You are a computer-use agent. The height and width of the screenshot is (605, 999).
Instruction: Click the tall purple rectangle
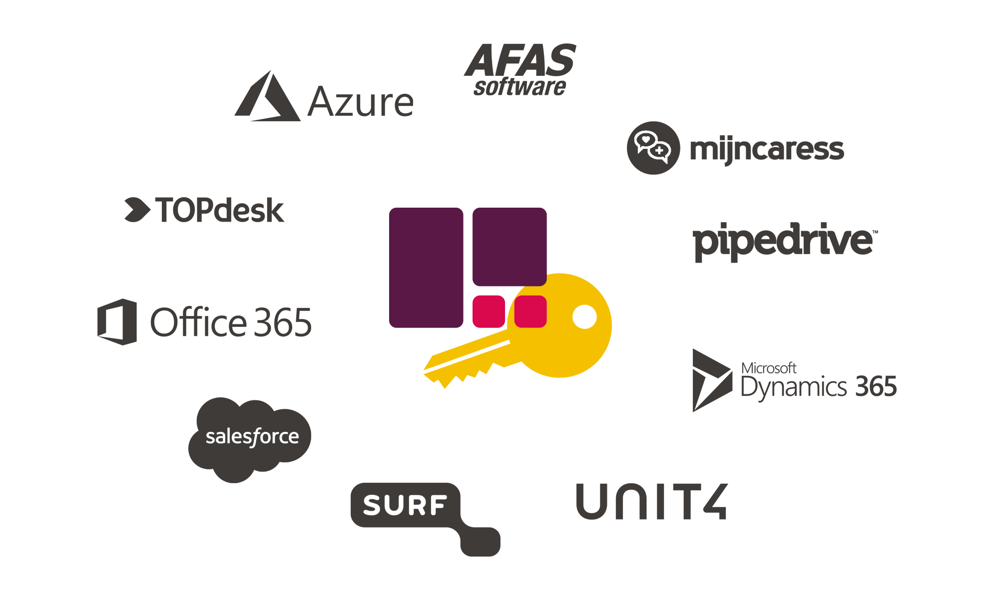click(x=426, y=268)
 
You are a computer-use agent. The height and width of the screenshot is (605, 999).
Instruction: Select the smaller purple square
click(x=509, y=247)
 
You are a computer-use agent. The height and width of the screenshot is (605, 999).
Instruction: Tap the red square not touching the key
click(x=489, y=311)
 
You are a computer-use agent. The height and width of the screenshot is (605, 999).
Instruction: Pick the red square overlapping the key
click(x=530, y=311)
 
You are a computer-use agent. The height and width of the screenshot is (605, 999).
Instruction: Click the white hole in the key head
click(x=584, y=316)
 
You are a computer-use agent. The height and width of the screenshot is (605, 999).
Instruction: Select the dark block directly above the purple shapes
click(x=519, y=69)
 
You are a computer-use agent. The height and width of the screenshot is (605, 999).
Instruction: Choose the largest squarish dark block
click(x=249, y=440)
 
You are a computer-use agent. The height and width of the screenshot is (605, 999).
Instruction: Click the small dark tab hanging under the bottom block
click(x=479, y=545)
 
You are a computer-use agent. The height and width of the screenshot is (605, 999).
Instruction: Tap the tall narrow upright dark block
click(x=712, y=382)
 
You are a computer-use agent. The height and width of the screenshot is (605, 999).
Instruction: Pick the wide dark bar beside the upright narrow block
click(x=818, y=382)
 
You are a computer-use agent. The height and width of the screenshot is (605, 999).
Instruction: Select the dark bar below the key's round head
click(x=652, y=501)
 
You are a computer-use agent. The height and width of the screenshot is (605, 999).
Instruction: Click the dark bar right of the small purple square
click(x=785, y=243)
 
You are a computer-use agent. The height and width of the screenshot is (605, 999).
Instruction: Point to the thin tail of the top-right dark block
click(x=789, y=151)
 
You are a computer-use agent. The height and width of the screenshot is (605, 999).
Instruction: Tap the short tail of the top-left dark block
click(x=390, y=105)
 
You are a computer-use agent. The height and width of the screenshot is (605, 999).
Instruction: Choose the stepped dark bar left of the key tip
click(x=204, y=321)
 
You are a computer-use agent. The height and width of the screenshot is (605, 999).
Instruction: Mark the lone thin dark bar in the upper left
click(x=204, y=210)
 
